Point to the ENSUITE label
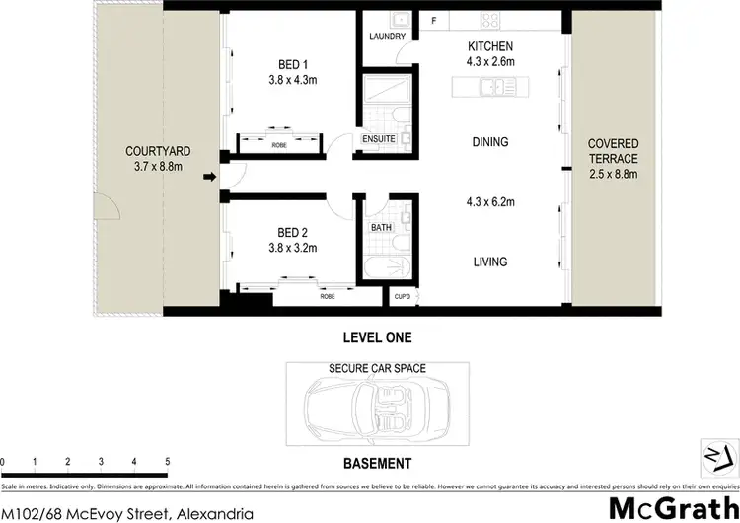click(379, 139)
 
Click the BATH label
click(382, 227)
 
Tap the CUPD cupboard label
click(402, 295)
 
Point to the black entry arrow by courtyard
click(208, 178)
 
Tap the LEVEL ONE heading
click(377, 336)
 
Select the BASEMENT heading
click(377, 463)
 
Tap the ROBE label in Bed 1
click(278, 145)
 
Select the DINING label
click(490, 142)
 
